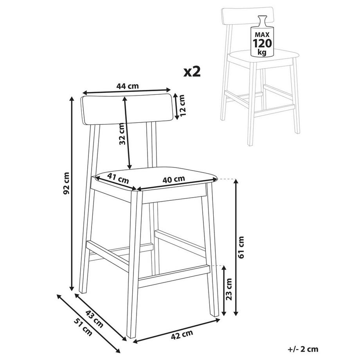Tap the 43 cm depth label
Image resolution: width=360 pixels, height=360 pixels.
click(x=94, y=319)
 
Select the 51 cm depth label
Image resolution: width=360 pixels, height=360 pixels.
click(x=83, y=328)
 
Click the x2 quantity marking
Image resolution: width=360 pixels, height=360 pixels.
click(x=192, y=72)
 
